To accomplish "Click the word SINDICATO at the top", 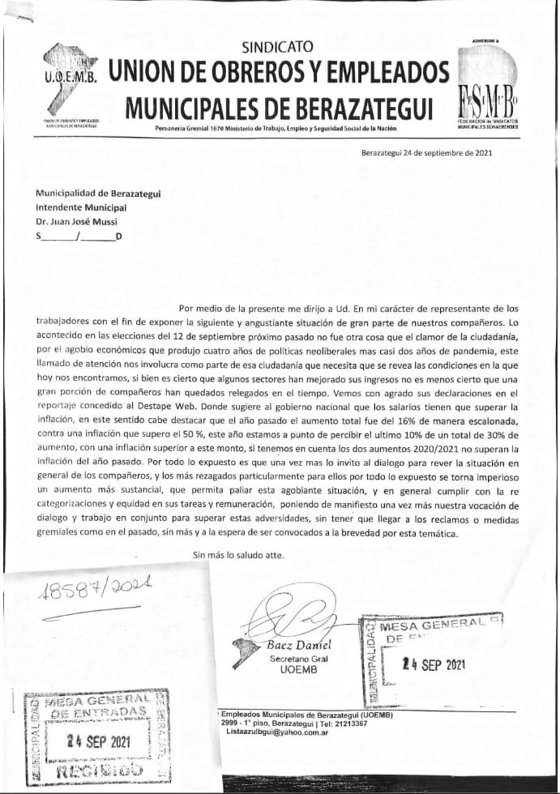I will pyautogui.click(x=277, y=48).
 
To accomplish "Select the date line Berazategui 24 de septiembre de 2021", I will pyautogui.click(x=426, y=152).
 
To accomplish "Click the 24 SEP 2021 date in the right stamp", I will pyautogui.click(x=434, y=664).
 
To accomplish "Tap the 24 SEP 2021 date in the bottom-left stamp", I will pyautogui.click(x=97, y=741).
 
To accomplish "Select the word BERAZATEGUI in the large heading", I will pyautogui.click(x=365, y=105).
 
